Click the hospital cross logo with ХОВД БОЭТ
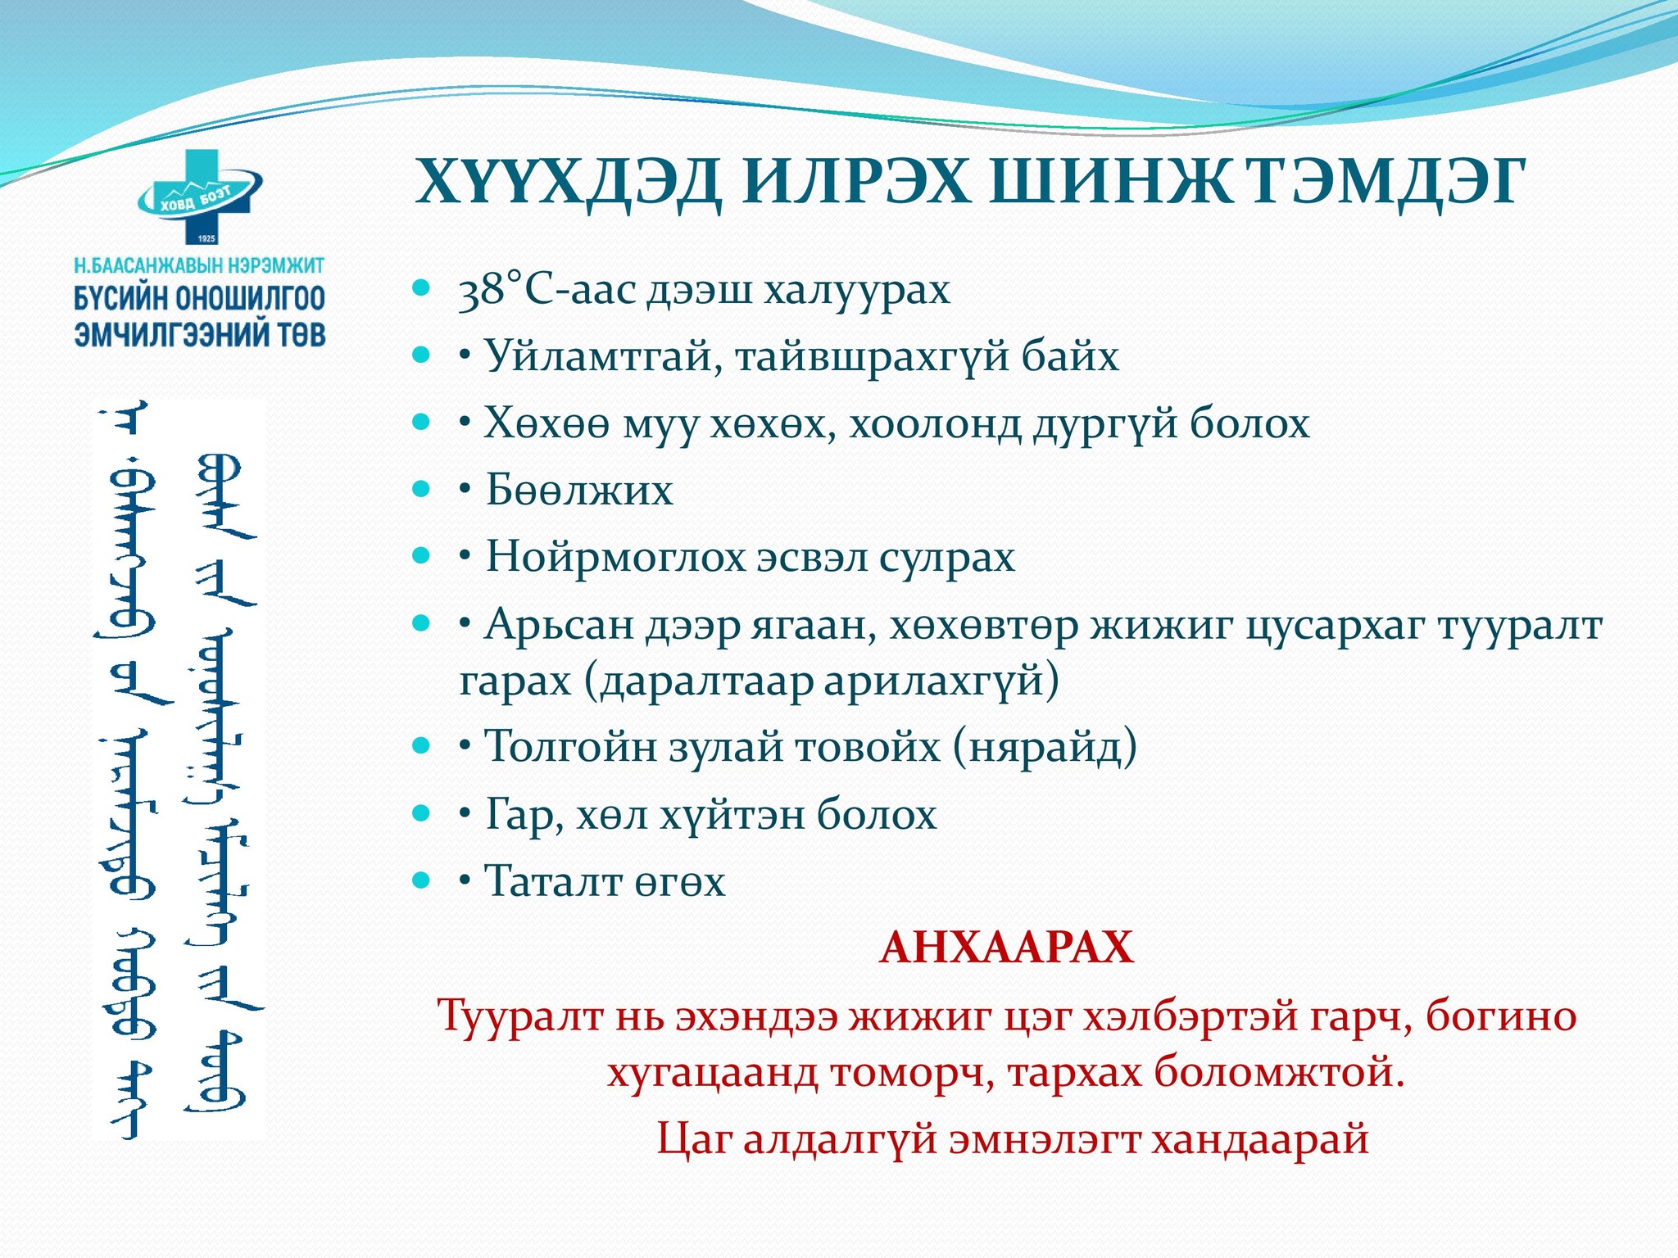pos(200,197)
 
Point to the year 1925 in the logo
pos(206,238)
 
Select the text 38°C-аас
pos(546,290)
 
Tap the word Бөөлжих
pos(579,491)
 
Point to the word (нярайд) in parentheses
pos(1045,746)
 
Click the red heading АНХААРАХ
pos(1007,948)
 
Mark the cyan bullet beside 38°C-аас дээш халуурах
pos(421,287)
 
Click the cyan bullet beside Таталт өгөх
pos(421,880)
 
